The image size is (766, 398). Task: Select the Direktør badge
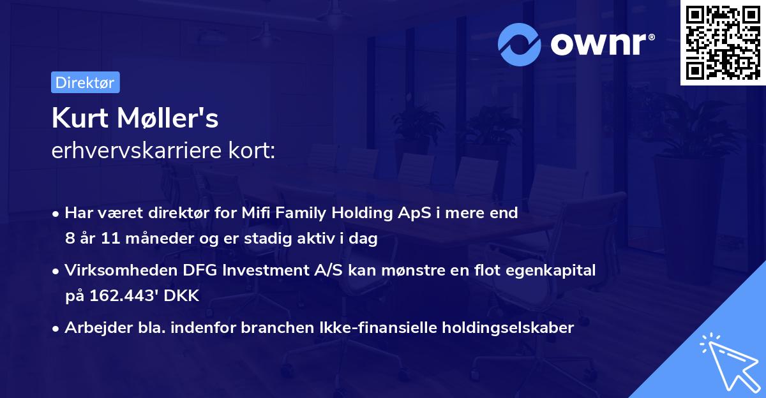coord(85,82)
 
